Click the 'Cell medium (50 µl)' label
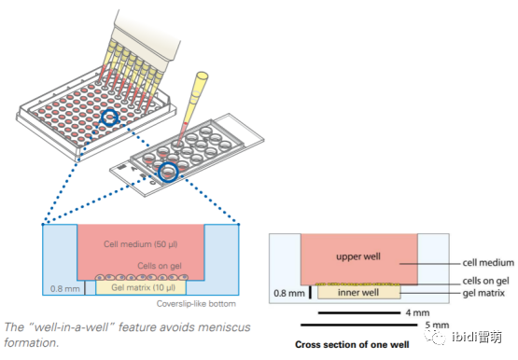click(x=140, y=244)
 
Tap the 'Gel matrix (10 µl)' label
click(x=143, y=288)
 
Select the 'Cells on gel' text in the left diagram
click(x=160, y=266)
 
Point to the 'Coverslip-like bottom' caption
click(x=196, y=303)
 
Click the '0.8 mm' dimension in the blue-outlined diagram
click(x=64, y=289)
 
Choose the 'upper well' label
click(x=358, y=256)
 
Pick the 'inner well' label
click(x=358, y=292)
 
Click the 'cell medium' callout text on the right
click(x=488, y=263)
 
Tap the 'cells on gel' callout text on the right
click(x=485, y=281)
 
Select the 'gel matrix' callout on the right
click(x=483, y=293)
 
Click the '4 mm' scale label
click(x=417, y=312)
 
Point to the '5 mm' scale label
click(x=437, y=325)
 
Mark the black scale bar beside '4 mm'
click(x=359, y=312)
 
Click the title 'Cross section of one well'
click(x=352, y=344)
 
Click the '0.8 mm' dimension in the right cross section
click(x=289, y=293)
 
